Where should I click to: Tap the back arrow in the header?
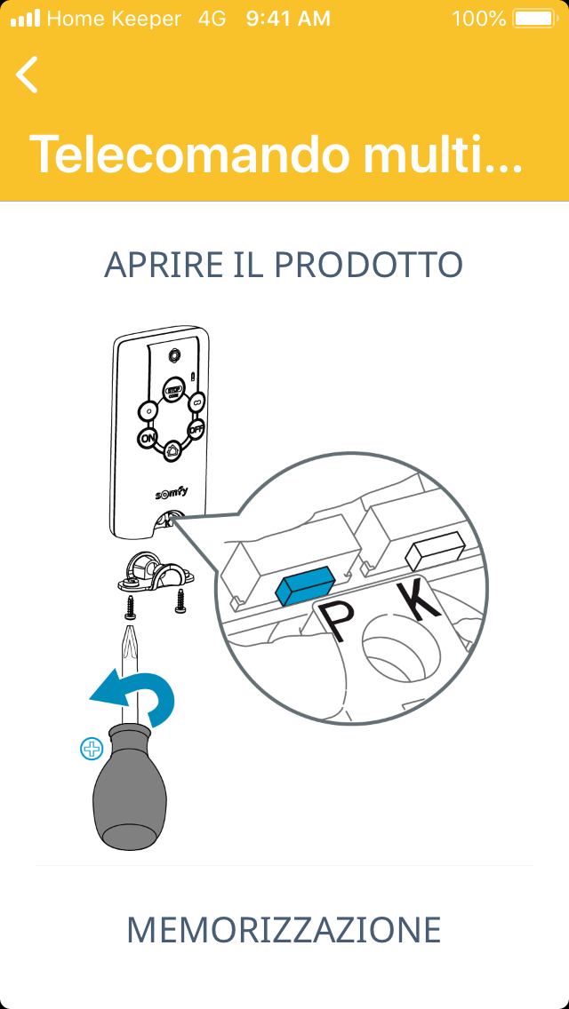tap(27, 75)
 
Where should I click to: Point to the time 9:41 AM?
tap(288, 19)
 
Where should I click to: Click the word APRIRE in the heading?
tap(151, 265)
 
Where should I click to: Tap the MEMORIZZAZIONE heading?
tap(284, 929)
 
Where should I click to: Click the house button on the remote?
tap(172, 449)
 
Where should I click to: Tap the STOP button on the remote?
tap(172, 389)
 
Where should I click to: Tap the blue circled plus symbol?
tap(92, 749)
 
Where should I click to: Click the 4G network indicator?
tap(212, 19)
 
